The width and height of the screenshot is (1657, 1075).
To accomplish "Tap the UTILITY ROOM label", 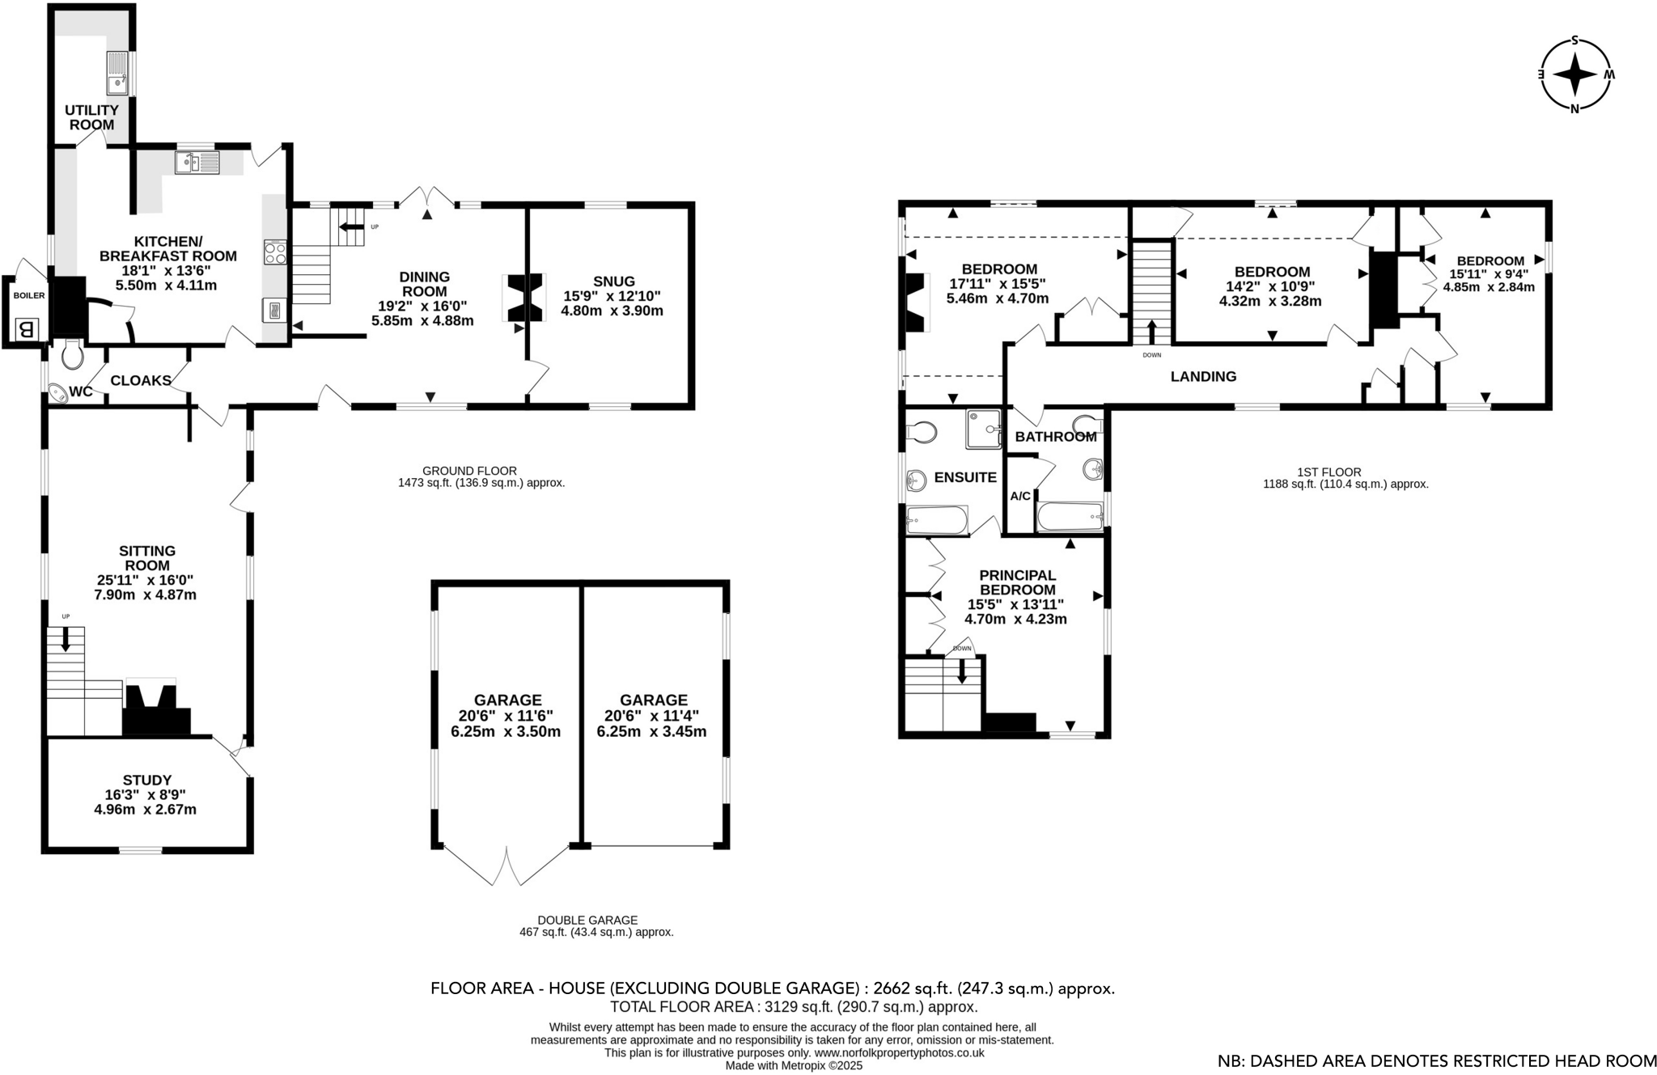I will point(91,117).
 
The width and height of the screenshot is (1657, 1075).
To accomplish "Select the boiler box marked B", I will point(26,328).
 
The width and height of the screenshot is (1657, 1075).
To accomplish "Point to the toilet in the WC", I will point(72,353).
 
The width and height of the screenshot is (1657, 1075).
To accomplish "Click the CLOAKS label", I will point(140,380).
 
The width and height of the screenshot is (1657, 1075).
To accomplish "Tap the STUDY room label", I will point(146,780).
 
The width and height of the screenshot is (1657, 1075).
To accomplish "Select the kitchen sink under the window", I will point(197,163).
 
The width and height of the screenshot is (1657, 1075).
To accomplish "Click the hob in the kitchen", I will point(273,253).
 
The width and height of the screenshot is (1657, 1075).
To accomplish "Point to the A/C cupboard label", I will point(1020,496).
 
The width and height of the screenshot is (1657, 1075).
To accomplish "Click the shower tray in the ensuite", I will point(983,429).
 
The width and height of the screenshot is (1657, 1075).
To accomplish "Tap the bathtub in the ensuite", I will point(937,520).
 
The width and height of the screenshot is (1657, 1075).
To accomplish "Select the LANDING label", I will point(1203,376).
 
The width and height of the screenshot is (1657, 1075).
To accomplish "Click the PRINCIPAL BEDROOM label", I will point(1017,582).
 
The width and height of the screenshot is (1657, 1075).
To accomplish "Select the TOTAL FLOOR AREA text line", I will point(793,1007).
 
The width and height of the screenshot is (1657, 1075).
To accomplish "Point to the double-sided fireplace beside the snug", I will point(523,298).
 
